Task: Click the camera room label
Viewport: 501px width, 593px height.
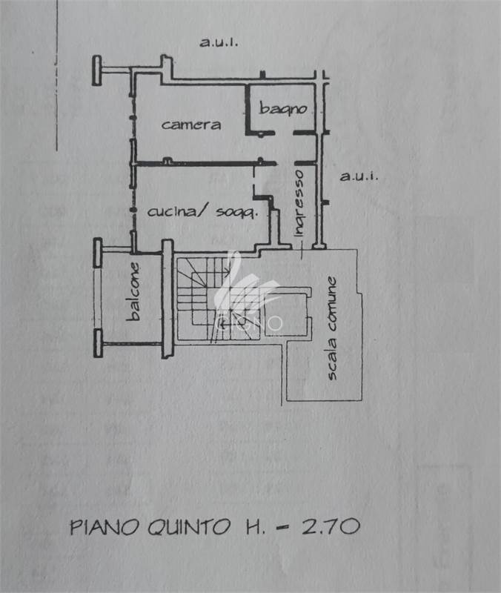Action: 190,125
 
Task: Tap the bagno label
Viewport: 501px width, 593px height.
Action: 282,108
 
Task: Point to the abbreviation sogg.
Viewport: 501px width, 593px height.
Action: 236,213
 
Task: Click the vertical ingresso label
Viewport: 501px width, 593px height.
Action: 298,203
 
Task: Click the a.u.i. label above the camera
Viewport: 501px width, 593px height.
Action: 218,42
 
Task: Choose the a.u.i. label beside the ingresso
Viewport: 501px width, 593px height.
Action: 359,176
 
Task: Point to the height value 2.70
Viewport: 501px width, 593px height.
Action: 331,527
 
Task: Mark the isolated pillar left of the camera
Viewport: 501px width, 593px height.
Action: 96,71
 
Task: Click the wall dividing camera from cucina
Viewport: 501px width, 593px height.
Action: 204,162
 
